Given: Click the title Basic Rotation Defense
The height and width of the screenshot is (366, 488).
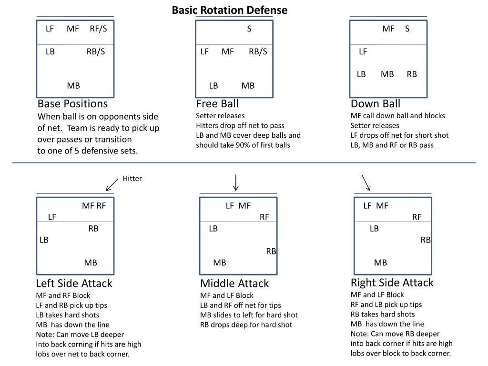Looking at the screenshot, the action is coord(230,10).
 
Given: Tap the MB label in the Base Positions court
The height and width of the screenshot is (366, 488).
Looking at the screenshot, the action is coord(73,86).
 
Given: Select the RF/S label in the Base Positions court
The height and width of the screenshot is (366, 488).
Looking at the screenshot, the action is coord(98,29).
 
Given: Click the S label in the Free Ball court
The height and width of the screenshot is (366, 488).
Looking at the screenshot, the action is coord(249,29).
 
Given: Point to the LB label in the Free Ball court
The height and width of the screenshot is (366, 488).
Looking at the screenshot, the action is coord(213,86).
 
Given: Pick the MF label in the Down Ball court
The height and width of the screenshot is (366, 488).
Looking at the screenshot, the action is coord(388,29).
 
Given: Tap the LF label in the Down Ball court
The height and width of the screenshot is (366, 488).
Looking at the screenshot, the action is coord(363,51).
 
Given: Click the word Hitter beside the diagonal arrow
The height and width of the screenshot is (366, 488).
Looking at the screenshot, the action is coord(132,178).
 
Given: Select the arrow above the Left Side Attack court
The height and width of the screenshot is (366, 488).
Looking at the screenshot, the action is coord(112,185).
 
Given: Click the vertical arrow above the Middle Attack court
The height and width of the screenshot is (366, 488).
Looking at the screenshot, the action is coord(236,183).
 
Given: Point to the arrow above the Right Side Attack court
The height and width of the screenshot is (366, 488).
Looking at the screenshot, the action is coord(366,183).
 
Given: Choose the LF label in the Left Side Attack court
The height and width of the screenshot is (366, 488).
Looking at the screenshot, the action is coord(52,217).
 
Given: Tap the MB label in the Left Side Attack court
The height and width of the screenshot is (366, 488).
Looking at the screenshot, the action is coord(91,263).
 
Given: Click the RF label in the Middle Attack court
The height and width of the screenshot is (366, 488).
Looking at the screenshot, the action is coord(264,217).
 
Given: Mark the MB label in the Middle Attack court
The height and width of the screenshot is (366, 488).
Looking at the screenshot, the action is coord(220,263).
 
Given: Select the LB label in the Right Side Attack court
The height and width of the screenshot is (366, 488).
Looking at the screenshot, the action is coord(375,229).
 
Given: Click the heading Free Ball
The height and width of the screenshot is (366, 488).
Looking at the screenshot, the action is coord(217,103).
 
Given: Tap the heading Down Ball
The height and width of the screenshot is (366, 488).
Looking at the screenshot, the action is coord(376,103).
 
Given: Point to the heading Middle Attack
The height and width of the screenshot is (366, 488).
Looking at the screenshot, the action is coord(234,284).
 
